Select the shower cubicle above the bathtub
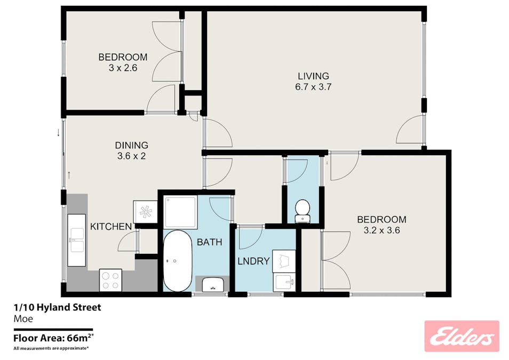tap(180, 211)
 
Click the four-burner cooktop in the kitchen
tap(110, 279)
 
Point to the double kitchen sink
tap(76, 240)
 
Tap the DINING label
tap(131, 145)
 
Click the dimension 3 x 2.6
tap(123, 68)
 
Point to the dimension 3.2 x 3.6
tap(381, 230)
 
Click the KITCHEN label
tap(110, 227)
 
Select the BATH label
tap(209, 242)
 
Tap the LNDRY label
tap(253, 261)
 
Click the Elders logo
tap(462, 336)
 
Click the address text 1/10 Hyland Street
tap(57, 307)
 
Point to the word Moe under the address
tap(23, 319)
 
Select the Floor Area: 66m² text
tap(53, 337)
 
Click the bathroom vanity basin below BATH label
tap(212, 284)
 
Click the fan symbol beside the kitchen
tap(146, 211)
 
